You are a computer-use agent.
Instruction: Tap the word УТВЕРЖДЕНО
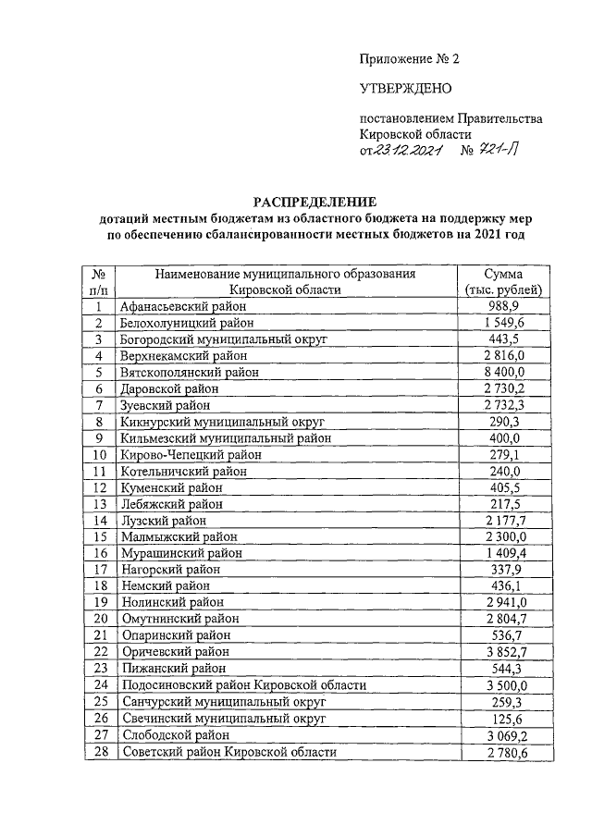[405, 89]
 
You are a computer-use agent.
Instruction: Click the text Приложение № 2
[409, 58]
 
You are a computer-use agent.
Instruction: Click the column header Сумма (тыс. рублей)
[505, 281]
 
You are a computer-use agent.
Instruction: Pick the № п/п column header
[97, 281]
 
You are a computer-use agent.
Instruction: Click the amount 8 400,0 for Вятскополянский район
[505, 372]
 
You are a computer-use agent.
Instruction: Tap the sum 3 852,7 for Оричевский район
[505, 652]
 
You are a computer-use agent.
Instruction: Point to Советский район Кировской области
[228, 752]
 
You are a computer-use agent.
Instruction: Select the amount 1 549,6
[505, 322]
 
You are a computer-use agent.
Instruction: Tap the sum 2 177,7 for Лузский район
[505, 520]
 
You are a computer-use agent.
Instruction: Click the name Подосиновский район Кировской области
[243, 685]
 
